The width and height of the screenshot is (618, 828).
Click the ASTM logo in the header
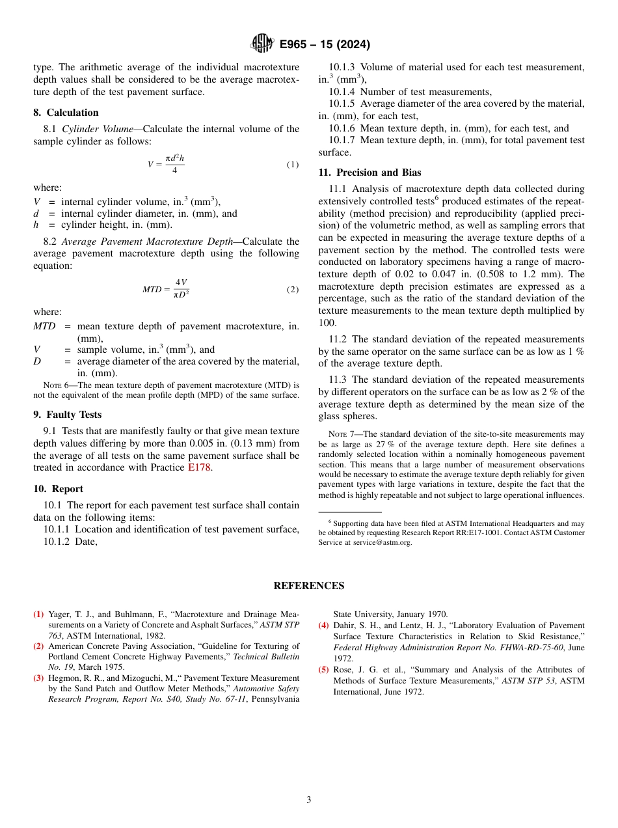(262, 44)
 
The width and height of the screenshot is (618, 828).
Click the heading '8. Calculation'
(66, 113)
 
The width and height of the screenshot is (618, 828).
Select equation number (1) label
(293, 165)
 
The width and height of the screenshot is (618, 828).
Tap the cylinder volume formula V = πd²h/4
(166, 164)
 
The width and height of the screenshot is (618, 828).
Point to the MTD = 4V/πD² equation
(166, 289)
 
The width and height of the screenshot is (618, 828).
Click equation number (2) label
(293, 289)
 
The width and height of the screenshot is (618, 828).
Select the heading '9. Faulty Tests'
(67, 415)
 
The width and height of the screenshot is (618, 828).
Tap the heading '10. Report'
(58, 489)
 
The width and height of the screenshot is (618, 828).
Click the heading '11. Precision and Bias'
(369, 172)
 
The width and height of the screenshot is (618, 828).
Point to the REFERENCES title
(308, 586)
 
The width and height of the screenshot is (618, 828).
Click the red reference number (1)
(39, 614)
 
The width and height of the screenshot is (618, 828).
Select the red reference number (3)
(39, 678)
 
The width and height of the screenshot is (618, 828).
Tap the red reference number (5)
(323, 669)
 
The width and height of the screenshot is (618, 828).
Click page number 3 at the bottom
(308, 799)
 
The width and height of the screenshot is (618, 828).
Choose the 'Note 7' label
(338, 434)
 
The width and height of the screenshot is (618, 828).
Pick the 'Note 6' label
(53, 385)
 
